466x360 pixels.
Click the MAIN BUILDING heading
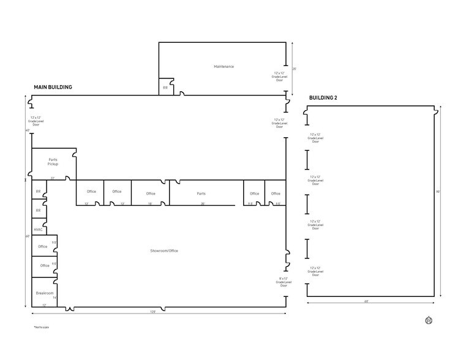[53, 88]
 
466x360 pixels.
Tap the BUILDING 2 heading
[323, 98]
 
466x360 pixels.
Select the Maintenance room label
[224, 66]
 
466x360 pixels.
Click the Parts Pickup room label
[53, 162]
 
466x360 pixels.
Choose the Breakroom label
[45, 293]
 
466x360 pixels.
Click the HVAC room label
[39, 230]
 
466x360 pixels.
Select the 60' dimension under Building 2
[366, 301]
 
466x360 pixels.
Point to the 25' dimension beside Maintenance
[295, 69]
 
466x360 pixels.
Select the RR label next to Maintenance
[165, 88]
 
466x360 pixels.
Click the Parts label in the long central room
[201, 193]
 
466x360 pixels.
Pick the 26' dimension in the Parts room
[203, 203]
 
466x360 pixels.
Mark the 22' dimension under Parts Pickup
[53, 178]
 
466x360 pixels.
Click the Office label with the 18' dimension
[151, 193]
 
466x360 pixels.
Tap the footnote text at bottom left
[40, 329]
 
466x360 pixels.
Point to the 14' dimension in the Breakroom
[54, 298]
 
